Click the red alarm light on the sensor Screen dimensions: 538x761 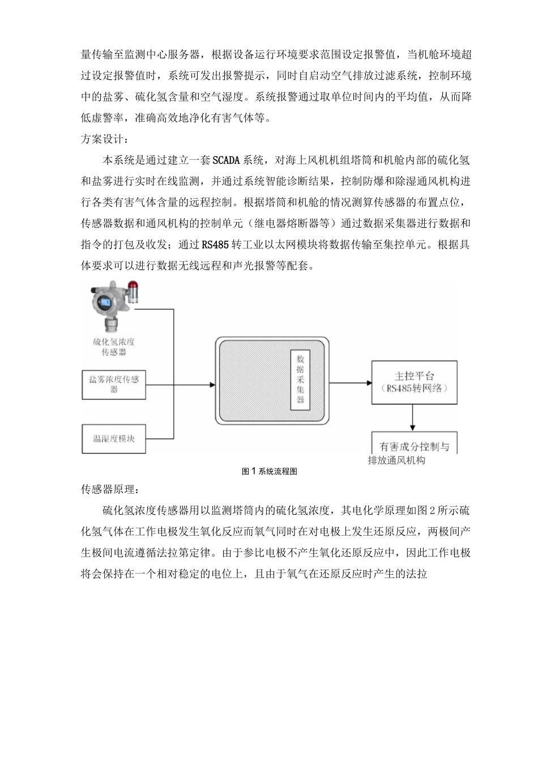pyautogui.click(x=133, y=289)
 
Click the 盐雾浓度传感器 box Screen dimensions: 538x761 pyautogui.click(x=114, y=384)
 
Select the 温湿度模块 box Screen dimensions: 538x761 pyautogui.click(x=114, y=439)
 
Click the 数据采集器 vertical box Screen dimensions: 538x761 pyautogui.click(x=300, y=379)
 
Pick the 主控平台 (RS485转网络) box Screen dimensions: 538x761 pyautogui.click(x=414, y=382)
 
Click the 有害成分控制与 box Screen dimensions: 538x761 pyautogui.click(x=414, y=444)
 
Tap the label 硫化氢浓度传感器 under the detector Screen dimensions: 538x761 pyautogui.click(x=113, y=347)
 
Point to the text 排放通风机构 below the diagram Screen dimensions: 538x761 pyautogui.click(x=396, y=460)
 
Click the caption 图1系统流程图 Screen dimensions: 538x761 pyautogui.click(x=269, y=471)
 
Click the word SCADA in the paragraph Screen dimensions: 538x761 pyautogui.click(x=227, y=160)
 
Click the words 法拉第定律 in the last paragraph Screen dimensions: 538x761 pyautogui.click(x=176, y=552)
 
